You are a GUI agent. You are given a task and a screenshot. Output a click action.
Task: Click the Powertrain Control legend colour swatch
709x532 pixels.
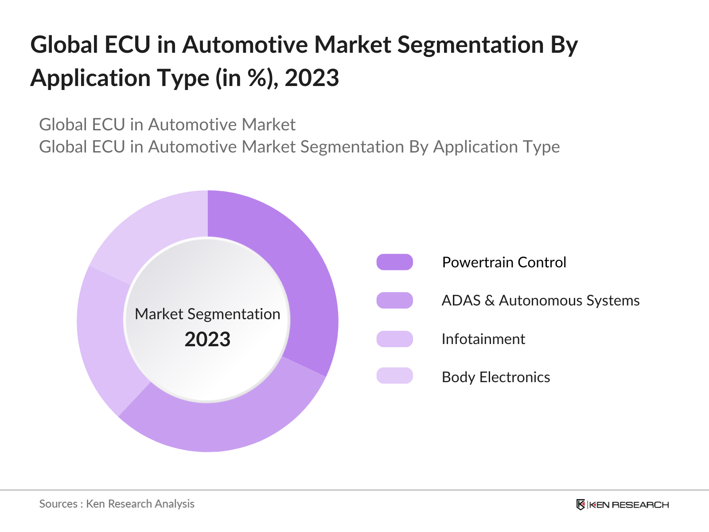point(394,262)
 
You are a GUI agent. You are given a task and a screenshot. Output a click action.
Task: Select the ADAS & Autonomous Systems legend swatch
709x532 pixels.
point(394,300)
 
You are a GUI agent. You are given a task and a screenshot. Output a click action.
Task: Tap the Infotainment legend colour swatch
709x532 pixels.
point(394,339)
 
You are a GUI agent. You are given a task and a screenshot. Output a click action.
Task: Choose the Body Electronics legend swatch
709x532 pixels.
point(394,376)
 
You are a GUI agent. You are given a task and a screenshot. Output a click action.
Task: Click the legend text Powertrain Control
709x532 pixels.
point(504,262)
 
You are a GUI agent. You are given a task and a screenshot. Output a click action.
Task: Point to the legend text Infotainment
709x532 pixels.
point(483,339)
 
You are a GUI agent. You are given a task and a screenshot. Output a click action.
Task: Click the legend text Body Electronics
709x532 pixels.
point(495,377)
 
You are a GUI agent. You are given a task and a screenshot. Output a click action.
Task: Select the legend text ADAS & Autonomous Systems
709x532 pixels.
point(540,301)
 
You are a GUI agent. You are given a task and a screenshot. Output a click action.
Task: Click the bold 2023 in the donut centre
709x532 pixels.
point(207,340)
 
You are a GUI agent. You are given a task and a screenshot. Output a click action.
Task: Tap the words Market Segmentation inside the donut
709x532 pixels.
point(207,314)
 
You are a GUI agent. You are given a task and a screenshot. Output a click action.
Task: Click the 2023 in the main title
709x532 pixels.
point(312,78)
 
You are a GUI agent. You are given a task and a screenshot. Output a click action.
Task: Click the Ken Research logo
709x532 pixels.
point(622,505)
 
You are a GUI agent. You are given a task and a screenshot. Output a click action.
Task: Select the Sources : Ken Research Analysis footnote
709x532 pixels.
point(117,504)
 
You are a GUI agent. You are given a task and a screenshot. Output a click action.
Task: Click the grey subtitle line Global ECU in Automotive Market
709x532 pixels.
point(167,125)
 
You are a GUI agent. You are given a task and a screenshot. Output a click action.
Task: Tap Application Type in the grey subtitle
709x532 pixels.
point(496,147)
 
